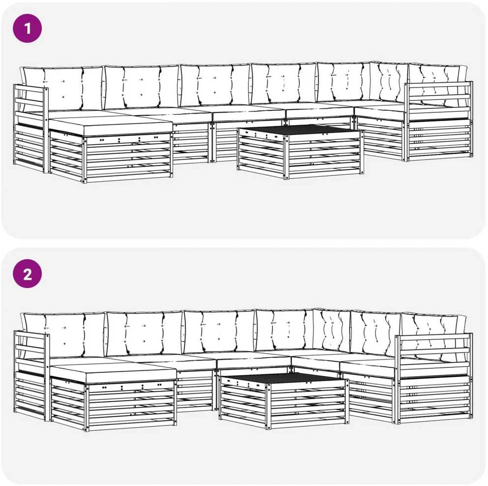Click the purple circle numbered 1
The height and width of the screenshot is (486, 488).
pyautogui.click(x=27, y=29)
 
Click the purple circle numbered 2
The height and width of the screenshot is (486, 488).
pyautogui.click(x=27, y=274)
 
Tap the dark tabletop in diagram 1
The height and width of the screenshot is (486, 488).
pyautogui.click(x=300, y=130)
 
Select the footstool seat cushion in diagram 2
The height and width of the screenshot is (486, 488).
pyautogui.click(x=113, y=373)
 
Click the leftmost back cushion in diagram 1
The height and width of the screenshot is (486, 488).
pyautogui.click(x=62, y=89)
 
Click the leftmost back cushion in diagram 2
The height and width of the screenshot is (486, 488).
pyautogui.click(x=63, y=335)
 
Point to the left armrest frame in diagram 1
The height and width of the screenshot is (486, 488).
pyautogui.click(x=30, y=128)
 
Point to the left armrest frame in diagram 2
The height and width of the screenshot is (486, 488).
pyautogui.click(x=31, y=375)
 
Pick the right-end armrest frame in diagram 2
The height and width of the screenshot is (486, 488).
pyautogui.click(x=434, y=378)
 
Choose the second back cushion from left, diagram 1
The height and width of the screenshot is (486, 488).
pyautogui.click(x=142, y=87)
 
